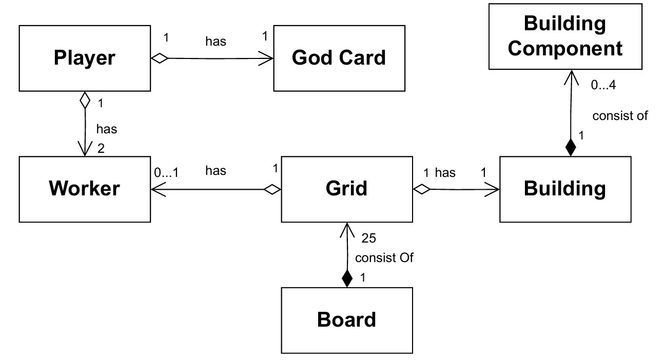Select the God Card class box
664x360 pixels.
(339, 58)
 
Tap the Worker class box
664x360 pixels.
(85, 189)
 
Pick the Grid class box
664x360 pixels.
(347, 189)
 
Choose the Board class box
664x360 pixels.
(347, 320)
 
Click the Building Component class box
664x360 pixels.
(565, 37)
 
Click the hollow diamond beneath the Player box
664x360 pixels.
(85, 100)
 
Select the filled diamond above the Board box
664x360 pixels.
(347, 278)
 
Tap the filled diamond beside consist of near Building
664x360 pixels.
(569, 148)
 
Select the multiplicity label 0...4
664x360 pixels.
(603, 86)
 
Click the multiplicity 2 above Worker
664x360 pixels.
(101, 149)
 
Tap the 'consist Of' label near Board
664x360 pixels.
(384, 257)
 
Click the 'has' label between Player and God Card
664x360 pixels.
(216, 41)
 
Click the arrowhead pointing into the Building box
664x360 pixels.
(494, 190)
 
